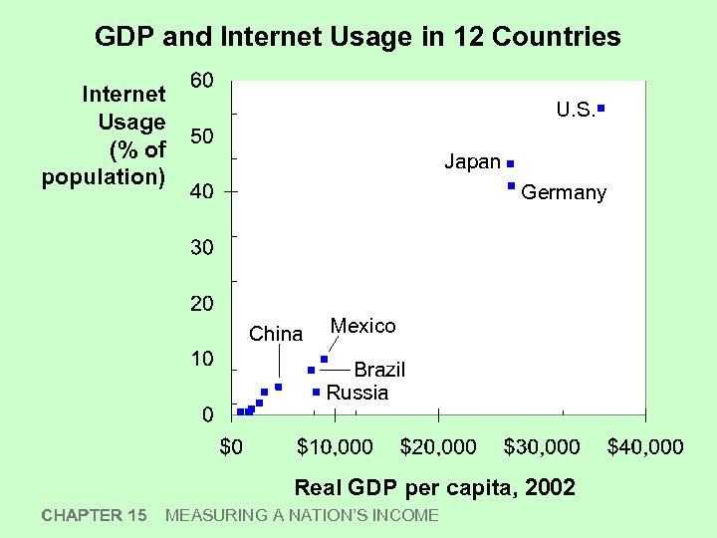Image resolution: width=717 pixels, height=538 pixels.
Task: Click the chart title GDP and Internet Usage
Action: pos(358,38)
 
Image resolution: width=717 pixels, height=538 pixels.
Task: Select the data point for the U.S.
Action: pos(601,106)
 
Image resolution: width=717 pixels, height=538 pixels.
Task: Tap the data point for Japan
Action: pos(510,162)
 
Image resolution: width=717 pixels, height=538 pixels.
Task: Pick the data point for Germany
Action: pos(511,186)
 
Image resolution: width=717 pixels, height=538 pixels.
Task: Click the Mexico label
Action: pos(362,326)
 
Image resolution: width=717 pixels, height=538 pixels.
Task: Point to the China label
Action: pos(276,334)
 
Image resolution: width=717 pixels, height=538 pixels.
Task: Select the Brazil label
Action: pos(379,370)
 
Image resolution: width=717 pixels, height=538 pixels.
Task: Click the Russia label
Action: pos(358,393)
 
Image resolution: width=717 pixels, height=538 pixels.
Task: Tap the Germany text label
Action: pos(564,192)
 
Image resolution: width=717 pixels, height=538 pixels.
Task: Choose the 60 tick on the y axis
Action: pos(201,81)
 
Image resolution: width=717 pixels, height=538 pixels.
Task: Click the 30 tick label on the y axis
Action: pos(201,247)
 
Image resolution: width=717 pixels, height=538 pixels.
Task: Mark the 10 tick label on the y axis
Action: pos(201,359)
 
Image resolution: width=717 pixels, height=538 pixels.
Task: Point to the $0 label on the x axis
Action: pos(231,447)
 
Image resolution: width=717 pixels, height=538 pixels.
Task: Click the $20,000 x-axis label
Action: pos(438,447)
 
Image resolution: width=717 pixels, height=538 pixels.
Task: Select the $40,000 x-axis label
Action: pos(645,447)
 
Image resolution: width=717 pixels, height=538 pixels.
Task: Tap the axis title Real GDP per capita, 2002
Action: pos(435,487)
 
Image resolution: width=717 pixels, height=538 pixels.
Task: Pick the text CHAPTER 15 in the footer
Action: pos(95,515)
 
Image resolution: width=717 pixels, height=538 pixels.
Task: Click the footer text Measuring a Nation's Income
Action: pos(302,515)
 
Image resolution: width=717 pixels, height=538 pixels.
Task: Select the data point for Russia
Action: pos(316,392)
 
